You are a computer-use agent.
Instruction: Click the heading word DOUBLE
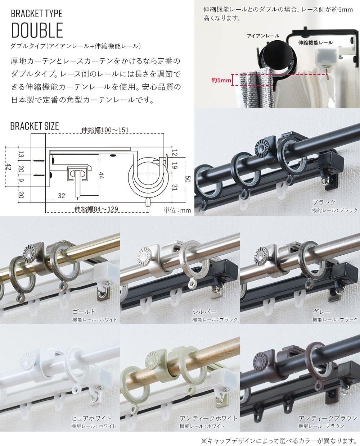(x=37, y=30)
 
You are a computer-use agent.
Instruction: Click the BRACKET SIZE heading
(x=35, y=126)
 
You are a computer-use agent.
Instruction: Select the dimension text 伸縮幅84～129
(x=96, y=209)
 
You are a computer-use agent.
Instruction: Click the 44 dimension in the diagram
(x=101, y=175)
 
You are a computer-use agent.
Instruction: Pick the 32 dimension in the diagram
(x=61, y=196)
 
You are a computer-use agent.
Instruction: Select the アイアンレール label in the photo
(x=263, y=36)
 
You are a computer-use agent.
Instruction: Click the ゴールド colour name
(x=84, y=312)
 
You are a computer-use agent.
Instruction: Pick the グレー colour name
(x=322, y=312)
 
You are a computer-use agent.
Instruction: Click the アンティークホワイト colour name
(x=208, y=418)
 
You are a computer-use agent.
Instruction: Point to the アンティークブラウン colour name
(x=328, y=418)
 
